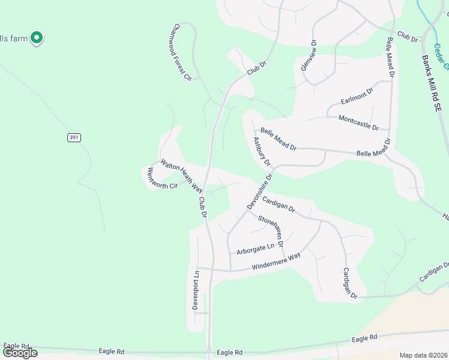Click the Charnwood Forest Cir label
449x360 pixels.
click(180, 52)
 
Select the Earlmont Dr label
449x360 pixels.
click(357, 95)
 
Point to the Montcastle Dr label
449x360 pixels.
click(359, 123)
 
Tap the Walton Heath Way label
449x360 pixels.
click(181, 175)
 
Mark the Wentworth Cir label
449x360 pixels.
click(163, 178)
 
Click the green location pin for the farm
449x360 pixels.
click(37, 38)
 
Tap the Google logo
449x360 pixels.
click(20, 353)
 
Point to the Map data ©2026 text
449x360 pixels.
click(423, 355)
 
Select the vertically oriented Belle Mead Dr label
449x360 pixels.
click(391, 58)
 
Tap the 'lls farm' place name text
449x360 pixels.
click(14, 38)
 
